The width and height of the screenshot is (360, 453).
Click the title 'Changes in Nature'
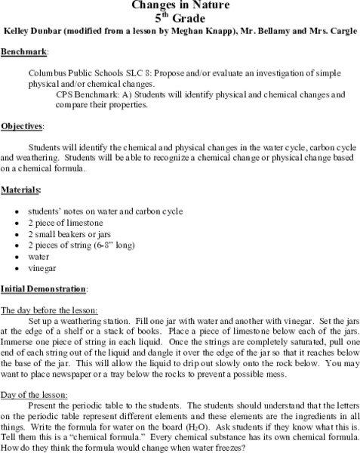pos(180,5)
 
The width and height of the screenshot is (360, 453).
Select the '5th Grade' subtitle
pos(180,19)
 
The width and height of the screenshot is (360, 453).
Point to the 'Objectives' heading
pos(22,125)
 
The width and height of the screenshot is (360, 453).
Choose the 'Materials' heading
pos(20,188)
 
